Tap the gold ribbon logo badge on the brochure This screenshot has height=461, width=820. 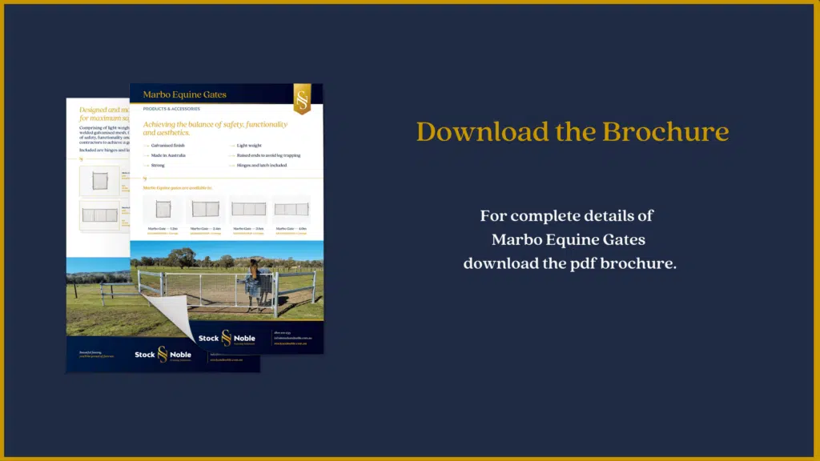coord(302,98)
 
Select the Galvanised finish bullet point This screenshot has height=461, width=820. coord(167,146)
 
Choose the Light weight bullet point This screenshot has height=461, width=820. coord(250,146)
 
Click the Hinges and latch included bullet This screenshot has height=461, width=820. coord(261,165)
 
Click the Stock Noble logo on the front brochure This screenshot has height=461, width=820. coord(227,338)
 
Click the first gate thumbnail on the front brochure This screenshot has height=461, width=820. coord(163,209)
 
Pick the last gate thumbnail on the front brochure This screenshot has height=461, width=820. coord(291,209)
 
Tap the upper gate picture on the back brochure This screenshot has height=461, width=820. coord(99,181)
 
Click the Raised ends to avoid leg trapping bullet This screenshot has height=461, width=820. coord(268,155)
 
